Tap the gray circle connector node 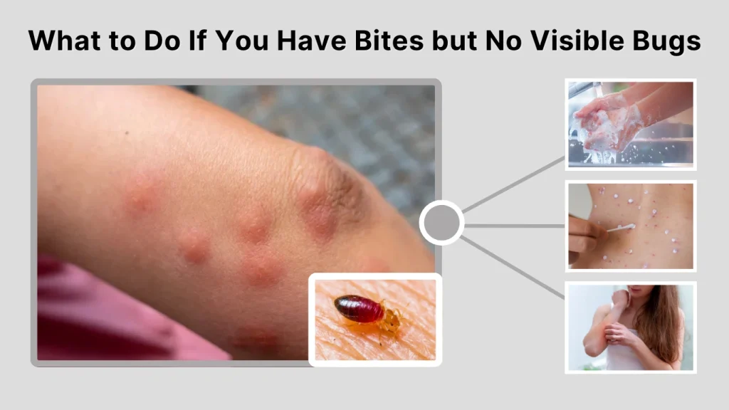click(441, 224)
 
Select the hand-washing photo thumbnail click(630, 125)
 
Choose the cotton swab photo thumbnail click(630, 225)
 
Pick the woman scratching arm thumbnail click(630, 327)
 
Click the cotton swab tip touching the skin click(629, 227)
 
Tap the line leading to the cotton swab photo click(514, 226)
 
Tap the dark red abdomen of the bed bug click(360, 309)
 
